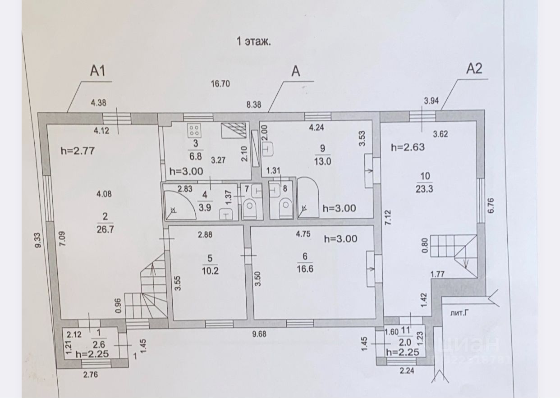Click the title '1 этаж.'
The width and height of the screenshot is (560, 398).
(x=253, y=42)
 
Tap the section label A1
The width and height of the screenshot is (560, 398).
(x=98, y=71)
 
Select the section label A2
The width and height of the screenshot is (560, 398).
(x=474, y=69)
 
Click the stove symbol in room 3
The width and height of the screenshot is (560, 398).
(x=195, y=131)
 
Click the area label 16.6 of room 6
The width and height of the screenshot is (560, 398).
(x=305, y=268)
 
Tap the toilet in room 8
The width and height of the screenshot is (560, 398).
(x=285, y=208)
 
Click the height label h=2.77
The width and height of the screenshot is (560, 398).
(x=77, y=151)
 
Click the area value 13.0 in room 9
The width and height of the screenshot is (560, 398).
(x=322, y=162)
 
